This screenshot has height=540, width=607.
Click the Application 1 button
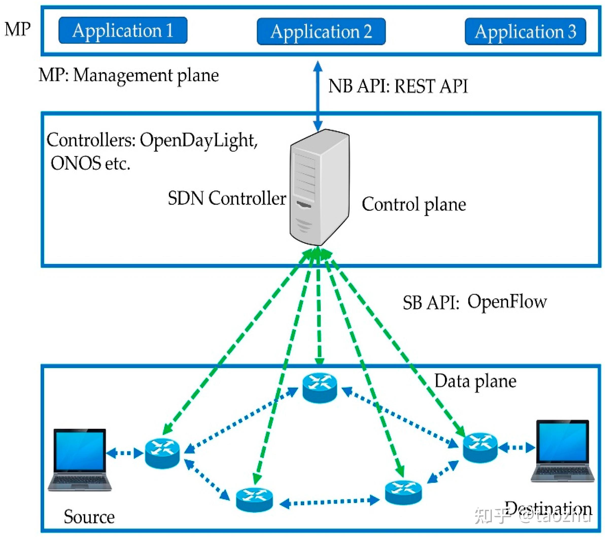point(123,30)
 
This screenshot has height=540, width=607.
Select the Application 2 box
point(321,31)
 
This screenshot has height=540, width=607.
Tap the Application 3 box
point(525,31)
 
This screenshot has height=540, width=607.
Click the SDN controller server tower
point(320,188)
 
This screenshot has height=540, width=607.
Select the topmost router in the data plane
point(320,388)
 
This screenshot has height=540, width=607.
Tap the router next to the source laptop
point(162,453)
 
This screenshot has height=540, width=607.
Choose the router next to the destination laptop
point(480,448)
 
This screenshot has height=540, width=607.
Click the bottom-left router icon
point(254,500)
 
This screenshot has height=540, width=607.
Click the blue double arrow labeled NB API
point(318,96)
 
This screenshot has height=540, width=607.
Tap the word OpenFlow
point(507,302)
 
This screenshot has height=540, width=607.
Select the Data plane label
point(475,381)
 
